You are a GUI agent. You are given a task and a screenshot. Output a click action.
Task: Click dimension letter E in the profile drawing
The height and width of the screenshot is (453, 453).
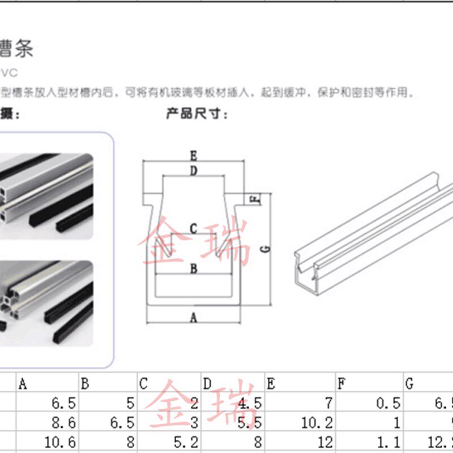tap(193, 155)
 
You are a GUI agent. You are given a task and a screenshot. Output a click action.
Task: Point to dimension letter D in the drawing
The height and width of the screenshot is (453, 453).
tap(193, 171)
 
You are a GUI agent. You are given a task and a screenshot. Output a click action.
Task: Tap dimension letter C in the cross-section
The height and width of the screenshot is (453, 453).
tap(193, 229)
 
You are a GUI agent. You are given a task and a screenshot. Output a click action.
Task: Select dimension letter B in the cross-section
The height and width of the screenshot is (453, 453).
tap(193, 268)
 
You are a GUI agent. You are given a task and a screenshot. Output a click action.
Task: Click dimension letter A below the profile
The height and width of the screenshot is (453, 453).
tap(193, 318)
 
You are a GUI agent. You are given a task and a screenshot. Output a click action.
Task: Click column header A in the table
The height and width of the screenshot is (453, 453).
tap(23, 384)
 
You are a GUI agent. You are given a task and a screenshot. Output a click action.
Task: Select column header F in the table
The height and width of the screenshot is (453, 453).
tap(341, 384)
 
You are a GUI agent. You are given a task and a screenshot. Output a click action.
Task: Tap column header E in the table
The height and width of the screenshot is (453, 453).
tap(271, 384)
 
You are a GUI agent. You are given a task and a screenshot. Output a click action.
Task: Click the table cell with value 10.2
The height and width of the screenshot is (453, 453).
tap(318, 422)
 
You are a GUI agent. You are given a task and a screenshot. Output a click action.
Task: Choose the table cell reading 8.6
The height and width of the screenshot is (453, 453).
tap(63, 422)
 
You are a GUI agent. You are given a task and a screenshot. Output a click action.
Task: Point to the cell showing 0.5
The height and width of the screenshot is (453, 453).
tap(388, 404)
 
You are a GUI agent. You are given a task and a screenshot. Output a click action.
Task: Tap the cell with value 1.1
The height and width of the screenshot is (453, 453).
tap(388, 442)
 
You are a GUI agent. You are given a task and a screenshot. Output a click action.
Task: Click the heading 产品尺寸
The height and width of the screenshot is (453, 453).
tap(196, 114)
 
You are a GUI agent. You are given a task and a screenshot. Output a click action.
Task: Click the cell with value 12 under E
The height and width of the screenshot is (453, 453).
tap(325, 442)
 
